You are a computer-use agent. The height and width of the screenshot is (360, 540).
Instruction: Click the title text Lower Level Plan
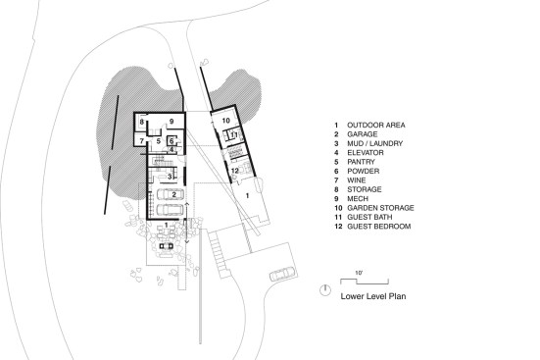click(373, 296)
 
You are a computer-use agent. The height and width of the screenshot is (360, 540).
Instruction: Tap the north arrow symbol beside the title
click(324, 290)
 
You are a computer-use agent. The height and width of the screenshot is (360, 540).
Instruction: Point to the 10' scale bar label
click(359, 273)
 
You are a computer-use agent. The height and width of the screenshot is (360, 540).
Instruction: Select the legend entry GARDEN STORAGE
click(380, 208)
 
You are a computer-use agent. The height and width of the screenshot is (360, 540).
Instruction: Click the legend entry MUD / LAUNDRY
click(374, 143)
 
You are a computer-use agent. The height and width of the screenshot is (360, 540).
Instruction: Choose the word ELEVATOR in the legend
click(365, 153)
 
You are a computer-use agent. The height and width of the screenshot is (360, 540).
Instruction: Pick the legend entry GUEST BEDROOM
click(379, 227)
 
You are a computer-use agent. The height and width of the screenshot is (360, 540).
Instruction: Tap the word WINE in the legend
click(357, 180)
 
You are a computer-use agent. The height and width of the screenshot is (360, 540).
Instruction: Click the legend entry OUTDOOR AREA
click(376, 126)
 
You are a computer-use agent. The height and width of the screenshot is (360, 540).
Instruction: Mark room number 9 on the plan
click(172, 121)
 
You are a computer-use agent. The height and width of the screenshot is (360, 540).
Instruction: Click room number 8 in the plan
click(141, 122)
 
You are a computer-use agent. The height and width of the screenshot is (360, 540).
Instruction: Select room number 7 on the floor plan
click(141, 141)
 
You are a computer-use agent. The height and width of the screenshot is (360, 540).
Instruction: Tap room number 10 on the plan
click(226, 121)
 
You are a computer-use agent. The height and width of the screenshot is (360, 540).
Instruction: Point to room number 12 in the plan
click(235, 171)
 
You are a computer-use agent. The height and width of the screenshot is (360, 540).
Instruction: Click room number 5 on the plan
click(159, 141)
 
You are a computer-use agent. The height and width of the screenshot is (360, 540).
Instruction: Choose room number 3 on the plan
click(170, 177)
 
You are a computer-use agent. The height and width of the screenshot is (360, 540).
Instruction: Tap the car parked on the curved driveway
click(282, 274)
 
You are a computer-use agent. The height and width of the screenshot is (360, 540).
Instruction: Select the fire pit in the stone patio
click(167, 246)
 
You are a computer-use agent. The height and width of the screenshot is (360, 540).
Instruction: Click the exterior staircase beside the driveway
click(217, 251)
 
